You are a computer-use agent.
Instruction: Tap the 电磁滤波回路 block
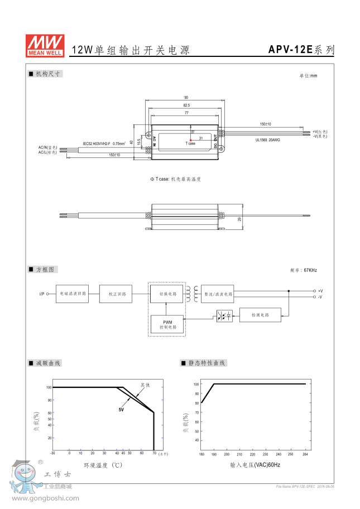(x=72, y=294)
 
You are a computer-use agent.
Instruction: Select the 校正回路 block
(x=116, y=294)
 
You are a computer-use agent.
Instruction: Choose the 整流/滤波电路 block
(x=218, y=294)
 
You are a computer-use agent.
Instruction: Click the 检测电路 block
(x=260, y=315)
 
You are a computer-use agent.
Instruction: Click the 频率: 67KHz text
(x=304, y=270)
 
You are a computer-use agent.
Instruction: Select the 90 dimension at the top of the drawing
(x=186, y=97)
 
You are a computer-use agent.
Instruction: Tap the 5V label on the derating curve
(x=121, y=410)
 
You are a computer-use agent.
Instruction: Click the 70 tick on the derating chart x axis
(x=154, y=453)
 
